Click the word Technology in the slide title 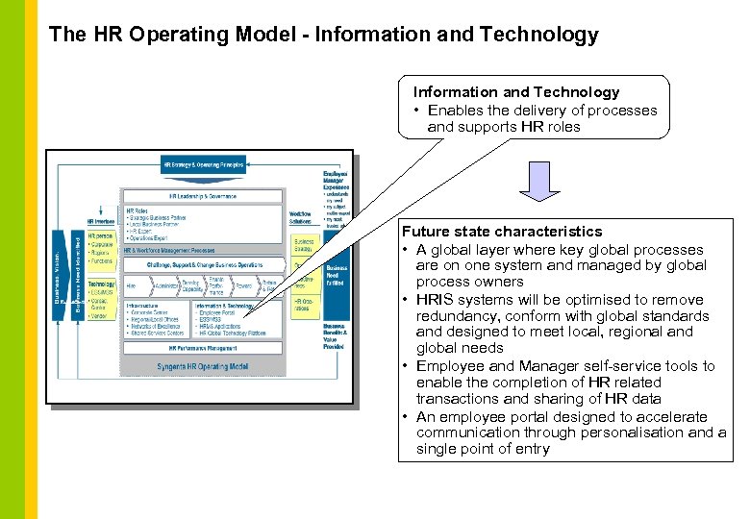546,36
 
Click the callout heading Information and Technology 516,92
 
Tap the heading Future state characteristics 502,232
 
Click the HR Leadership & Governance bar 203,196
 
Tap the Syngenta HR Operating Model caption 203,366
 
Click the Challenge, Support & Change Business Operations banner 203,264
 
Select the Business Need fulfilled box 337,275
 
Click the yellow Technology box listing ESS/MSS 102,299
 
